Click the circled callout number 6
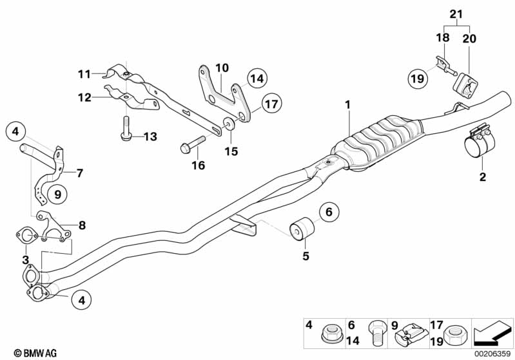(329, 212)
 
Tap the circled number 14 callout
(257, 79)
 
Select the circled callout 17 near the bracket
(271, 104)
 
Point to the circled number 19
(418, 79)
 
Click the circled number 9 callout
(57, 194)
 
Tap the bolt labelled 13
(126, 129)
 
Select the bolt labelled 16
(193, 145)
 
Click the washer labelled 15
(229, 124)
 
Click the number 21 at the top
(456, 14)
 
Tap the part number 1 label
(347, 105)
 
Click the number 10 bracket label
(222, 68)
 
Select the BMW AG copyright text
(35, 353)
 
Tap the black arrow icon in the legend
(492, 333)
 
